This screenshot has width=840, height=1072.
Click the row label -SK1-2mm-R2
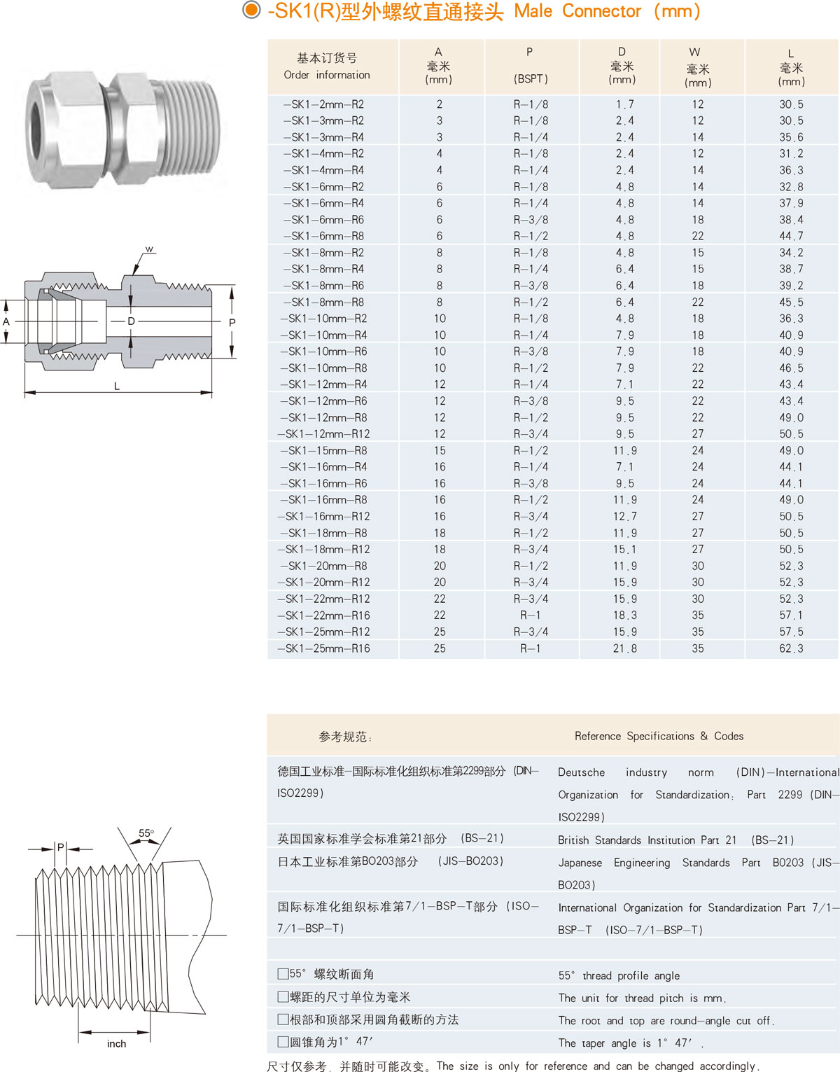323,104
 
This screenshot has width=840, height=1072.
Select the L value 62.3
791,649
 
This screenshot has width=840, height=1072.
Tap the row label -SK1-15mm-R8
323,451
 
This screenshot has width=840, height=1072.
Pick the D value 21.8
624,649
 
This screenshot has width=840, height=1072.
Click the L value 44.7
791,237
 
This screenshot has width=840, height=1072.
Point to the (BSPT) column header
531,79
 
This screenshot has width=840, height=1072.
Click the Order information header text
327,75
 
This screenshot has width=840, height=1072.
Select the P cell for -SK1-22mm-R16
531,615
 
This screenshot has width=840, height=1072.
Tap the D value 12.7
624,517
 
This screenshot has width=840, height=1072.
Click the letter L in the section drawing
117,386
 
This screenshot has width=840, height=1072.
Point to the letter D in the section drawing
131,321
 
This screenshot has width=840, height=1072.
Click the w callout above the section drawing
149,250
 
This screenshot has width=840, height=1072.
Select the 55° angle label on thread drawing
146,833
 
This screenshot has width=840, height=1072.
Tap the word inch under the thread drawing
116,1044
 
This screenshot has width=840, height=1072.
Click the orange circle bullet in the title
251,11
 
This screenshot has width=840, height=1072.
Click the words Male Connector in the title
577,11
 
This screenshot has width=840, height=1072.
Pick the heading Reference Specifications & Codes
659,736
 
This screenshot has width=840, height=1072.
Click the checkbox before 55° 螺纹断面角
283,974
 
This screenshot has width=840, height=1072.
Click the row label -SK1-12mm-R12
323,434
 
